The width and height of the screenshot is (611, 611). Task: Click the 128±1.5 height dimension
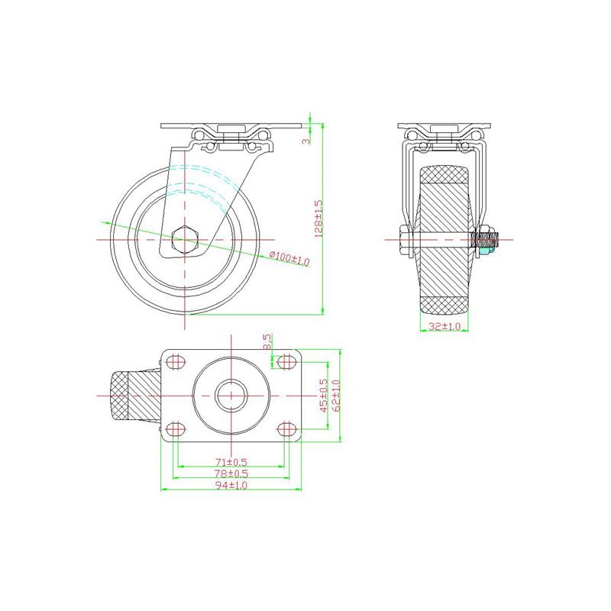pyautogui.click(x=319, y=218)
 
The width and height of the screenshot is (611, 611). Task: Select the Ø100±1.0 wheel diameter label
pyautogui.click(x=289, y=260)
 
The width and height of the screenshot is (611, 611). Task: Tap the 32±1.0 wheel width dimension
pyautogui.click(x=445, y=326)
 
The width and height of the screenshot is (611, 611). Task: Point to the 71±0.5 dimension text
pyautogui.click(x=231, y=463)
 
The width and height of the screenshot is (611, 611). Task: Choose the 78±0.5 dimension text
pyautogui.click(x=231, y=475)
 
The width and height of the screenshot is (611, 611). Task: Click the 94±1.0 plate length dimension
pyautogui.click(x=231, y=487)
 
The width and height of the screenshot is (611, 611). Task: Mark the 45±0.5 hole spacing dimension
pyautogui.click(x=323, y=396)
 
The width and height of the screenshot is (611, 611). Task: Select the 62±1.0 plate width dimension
pyautogui.click(x=335, y=396)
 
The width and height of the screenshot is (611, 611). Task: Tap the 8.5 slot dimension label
pyautogui.click(x=267, y=343)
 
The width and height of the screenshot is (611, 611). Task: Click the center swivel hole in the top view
pyautogui.click(x=231, y=395)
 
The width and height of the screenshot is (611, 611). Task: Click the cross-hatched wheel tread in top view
pyautogui.click(x=123, y=395)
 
